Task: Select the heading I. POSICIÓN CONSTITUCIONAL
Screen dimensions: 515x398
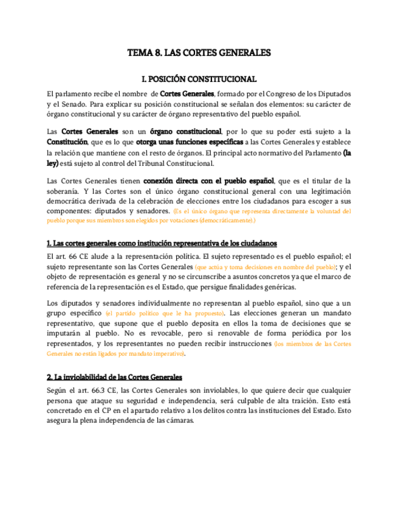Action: (199, 80)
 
